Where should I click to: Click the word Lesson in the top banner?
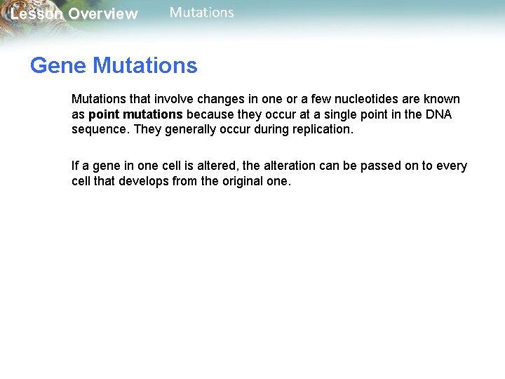point(36,14)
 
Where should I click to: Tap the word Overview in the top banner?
point(103,14)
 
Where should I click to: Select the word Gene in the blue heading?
point(58,66)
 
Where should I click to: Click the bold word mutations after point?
point(154,114)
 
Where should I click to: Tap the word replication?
point(319,129)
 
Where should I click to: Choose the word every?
point(452,166)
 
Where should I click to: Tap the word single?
point(360,114)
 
